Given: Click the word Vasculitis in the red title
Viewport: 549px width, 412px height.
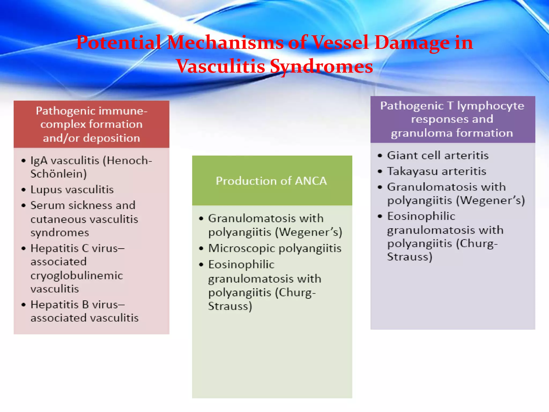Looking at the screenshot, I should pos(220,66).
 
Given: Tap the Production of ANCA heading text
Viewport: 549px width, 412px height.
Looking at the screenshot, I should pos(271,181).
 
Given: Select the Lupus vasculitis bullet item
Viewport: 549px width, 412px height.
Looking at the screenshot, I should pos(72,190).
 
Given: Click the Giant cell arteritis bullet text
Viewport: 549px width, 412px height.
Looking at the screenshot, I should pos(437,156).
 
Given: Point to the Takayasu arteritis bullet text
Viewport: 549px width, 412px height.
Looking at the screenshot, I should pos(436,171).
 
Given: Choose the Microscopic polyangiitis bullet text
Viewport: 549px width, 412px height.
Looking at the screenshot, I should pos(275,248).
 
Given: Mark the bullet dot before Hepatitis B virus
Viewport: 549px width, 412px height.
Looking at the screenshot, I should pos(24,305).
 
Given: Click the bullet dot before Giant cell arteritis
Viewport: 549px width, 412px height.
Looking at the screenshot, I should pos(380,156).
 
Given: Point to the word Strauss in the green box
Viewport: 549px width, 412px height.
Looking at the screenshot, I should pos(230,306).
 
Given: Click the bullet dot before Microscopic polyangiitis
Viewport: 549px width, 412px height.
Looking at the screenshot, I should pos(201,249).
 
